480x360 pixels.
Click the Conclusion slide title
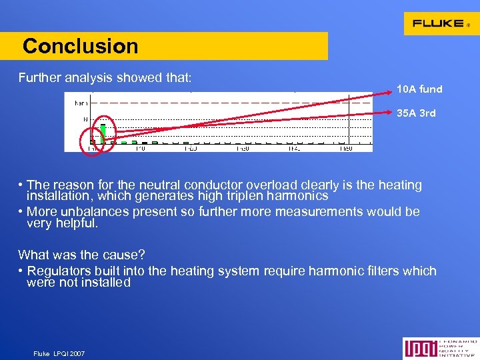tap(80, 46)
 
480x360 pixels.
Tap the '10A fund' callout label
tap(419, 89)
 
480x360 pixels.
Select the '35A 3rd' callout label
tap(416, 113)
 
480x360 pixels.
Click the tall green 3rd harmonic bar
tap(103, 131)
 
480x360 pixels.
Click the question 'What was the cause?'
tap(82, 255)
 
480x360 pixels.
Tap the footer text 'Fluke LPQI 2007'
tap(59, 353)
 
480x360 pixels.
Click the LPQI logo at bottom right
tap(439, 348)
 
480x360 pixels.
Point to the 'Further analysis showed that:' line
tap(105, 78)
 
